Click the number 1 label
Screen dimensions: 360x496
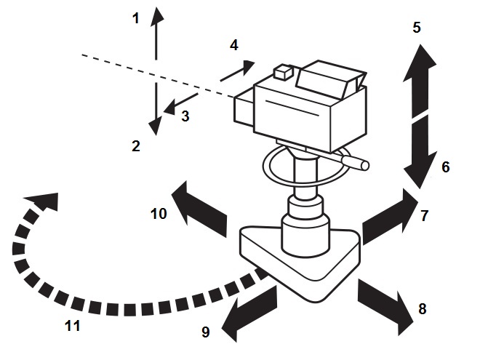pos(135,19)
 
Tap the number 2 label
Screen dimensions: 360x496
pos(135,145)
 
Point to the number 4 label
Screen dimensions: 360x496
pos(233,45)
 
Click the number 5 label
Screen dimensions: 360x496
pos(416,28)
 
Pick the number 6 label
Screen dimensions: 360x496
pos(446,167)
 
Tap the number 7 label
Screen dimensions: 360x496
pos(425,215)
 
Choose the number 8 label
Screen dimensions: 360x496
pos(422,308)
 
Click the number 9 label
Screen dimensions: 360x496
pos(205,332)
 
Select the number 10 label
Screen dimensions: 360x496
pos(159,213)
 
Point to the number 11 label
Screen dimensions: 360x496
pos(72,325)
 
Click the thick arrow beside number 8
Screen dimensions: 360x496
pos(383,303)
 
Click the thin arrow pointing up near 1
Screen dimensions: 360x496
pos(156,33)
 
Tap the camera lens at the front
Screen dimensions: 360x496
pos(244,110)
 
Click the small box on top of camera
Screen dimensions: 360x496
pos(282,73)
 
